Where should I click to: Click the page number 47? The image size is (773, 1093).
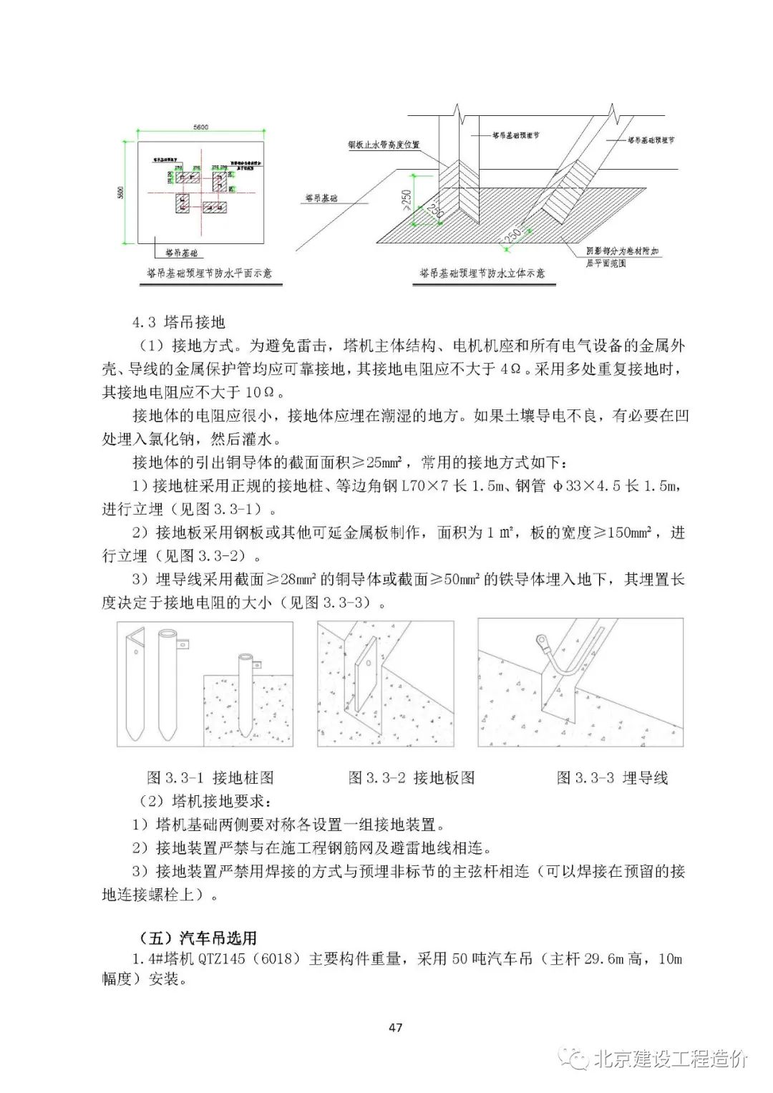(395, 1027)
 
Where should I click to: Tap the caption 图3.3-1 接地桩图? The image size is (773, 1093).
(210, 777)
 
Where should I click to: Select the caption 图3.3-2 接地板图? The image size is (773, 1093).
(412, 777)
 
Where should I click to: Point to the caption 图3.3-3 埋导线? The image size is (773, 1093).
(612, 777)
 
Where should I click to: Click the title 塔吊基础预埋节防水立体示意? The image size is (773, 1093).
(482, 273)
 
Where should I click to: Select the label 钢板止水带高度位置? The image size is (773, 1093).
(384, 145)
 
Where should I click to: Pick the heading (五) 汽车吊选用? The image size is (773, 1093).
(197, 938)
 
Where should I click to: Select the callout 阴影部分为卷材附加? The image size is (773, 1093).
(622, 252)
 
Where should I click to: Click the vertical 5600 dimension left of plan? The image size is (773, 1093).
(121, 193)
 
